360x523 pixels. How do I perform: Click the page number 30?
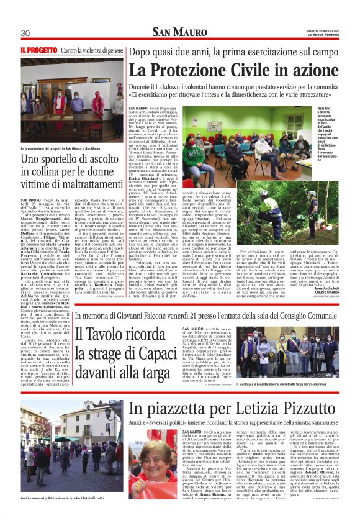pyautogui.click(x=25, y=33)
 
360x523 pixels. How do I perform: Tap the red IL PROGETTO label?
pyautogui.click(x=39, y=49)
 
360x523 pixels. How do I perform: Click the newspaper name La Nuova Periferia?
pyautogui.click(x=322, y=35)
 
